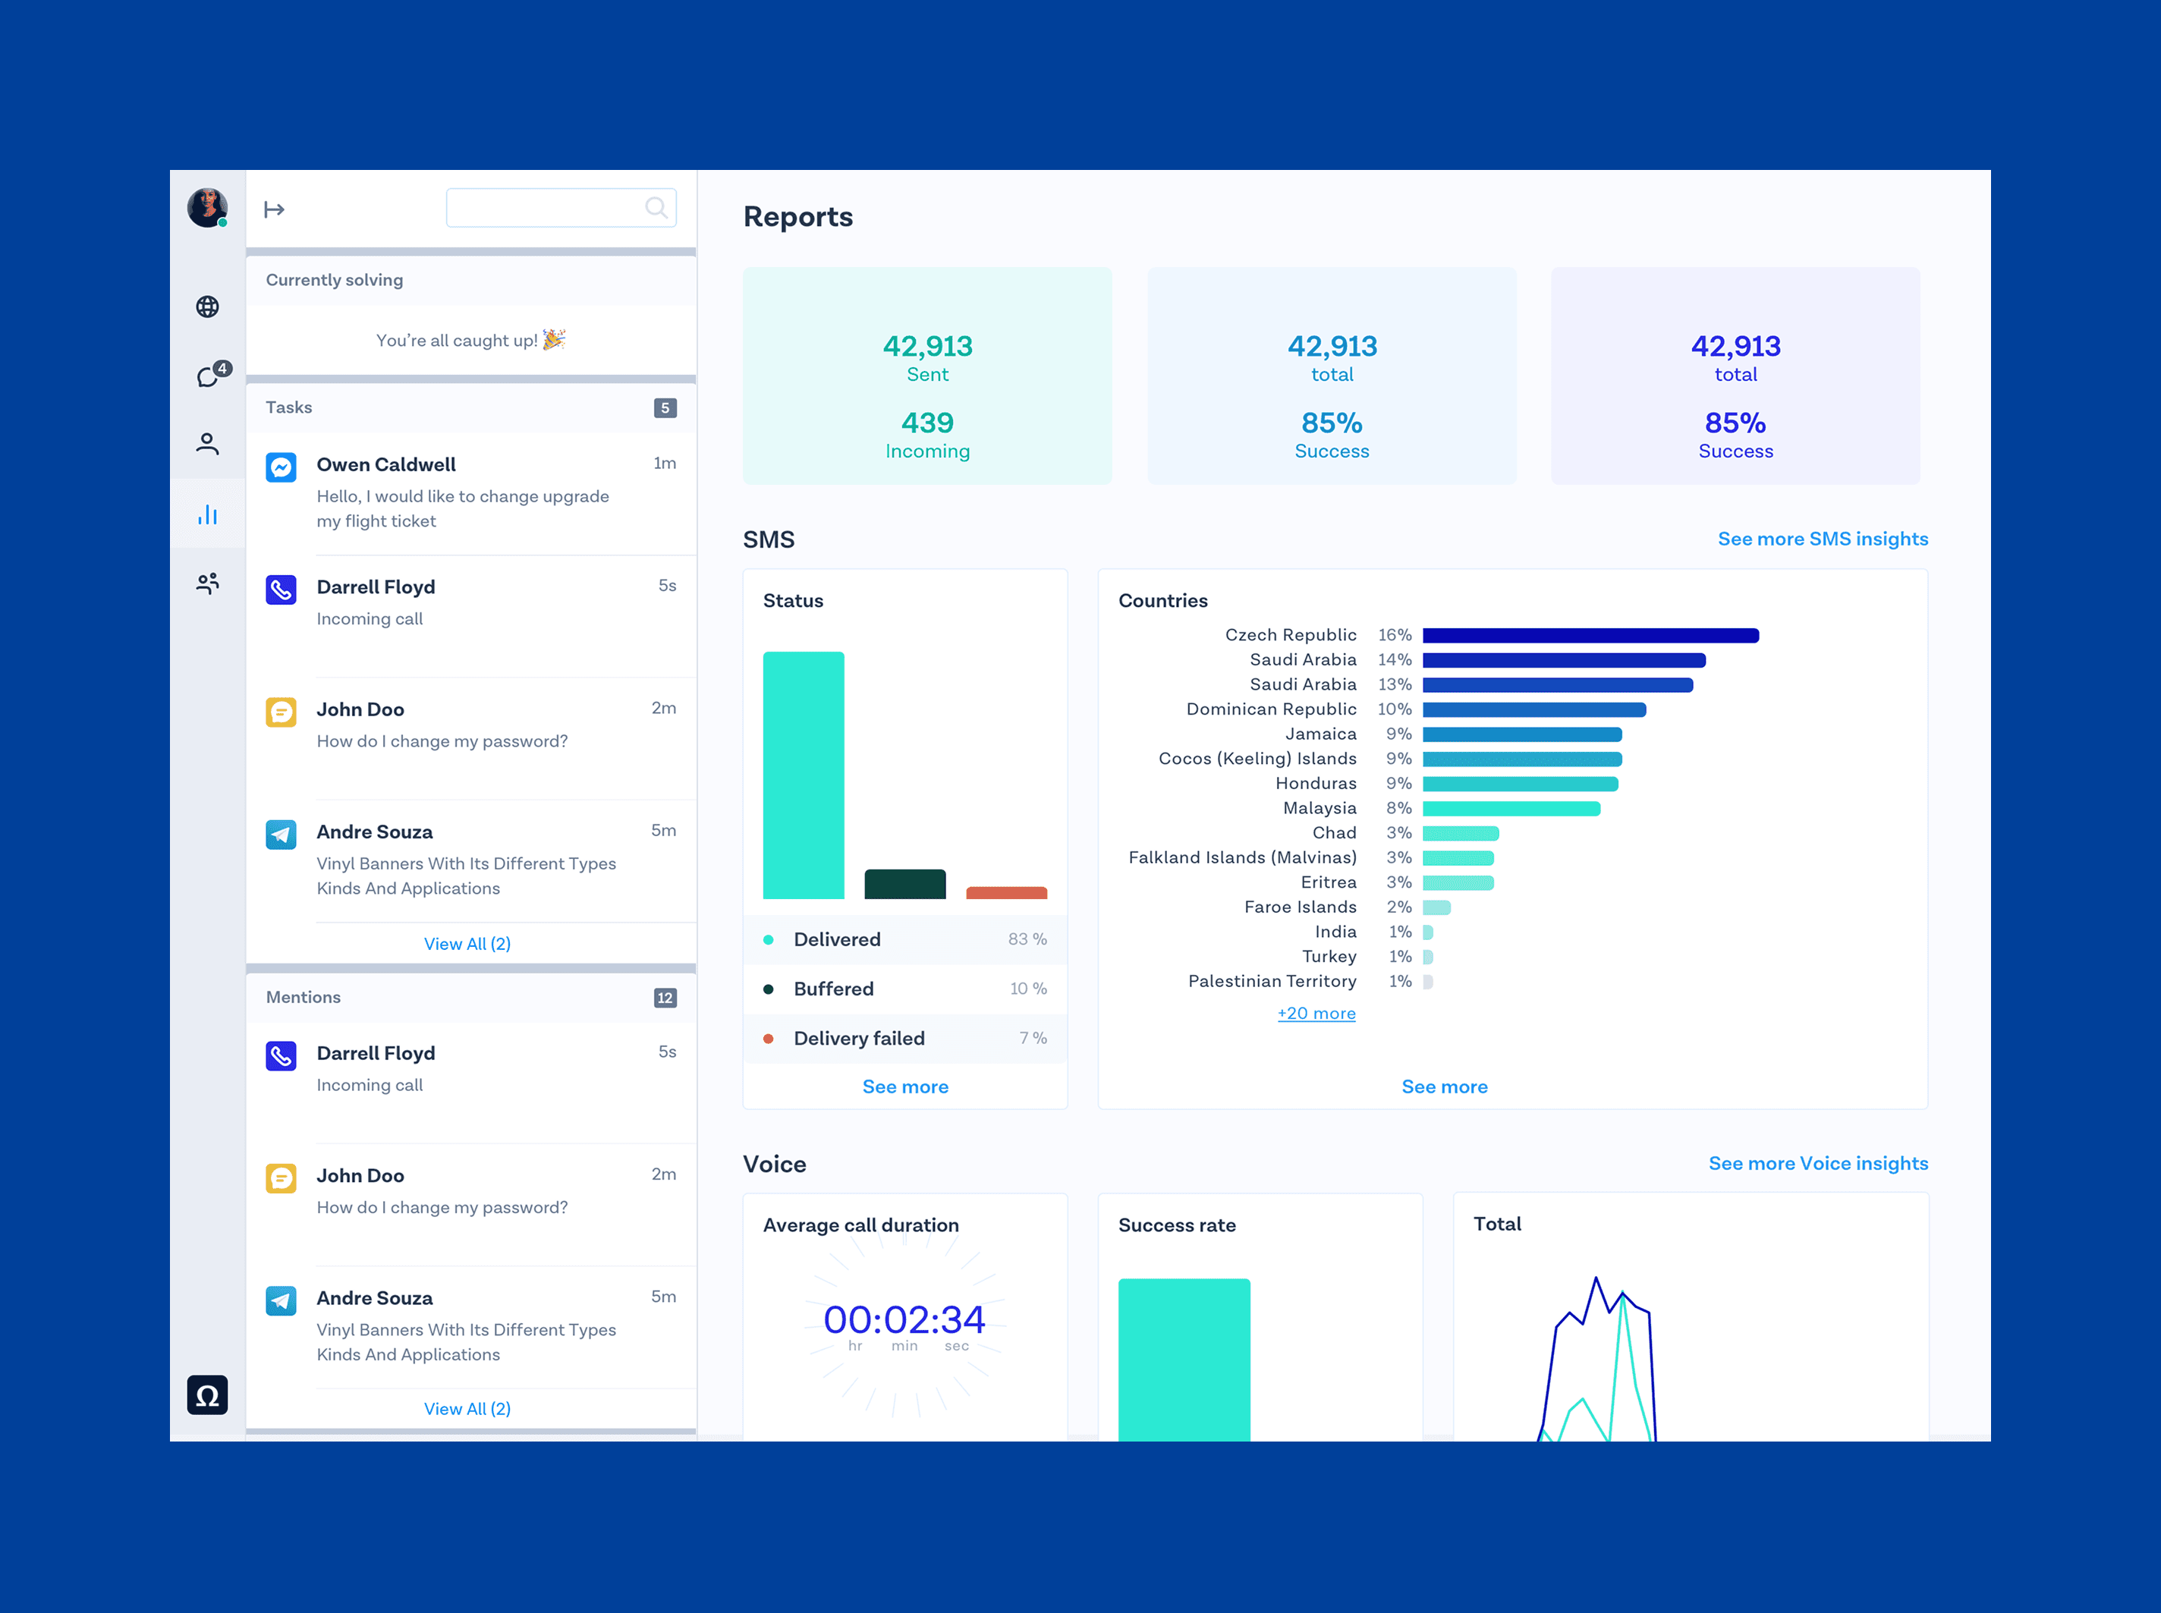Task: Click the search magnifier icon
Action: (656, 207)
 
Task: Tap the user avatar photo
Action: (207, 207)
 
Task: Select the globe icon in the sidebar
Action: (207, 307)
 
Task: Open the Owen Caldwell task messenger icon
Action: (282, 467)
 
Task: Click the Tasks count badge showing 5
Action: (665, 408)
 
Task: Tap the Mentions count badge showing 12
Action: (665, 998)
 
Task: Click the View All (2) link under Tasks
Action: (467, 944)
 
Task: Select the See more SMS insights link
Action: (1822, 539)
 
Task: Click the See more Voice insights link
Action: (1817, 1163)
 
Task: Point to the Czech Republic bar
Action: (1590, 636)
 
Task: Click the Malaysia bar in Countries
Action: (1511, 809)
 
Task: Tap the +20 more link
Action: (1316, 1014)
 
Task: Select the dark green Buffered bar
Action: (904, 884)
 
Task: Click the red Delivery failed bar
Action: (1006, 892)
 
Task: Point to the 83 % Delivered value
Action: (1027, 939)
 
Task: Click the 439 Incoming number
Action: (926, 423)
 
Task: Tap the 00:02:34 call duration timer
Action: (904, 1320)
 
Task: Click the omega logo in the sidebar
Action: (207, 1395)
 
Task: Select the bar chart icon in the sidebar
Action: (207, 514)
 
